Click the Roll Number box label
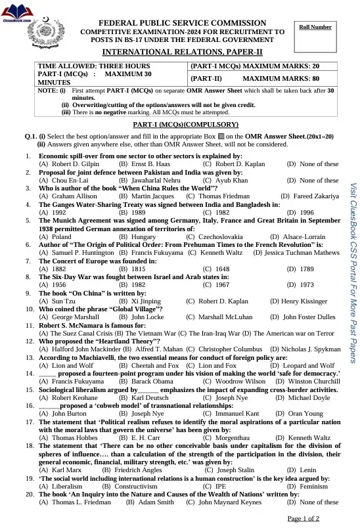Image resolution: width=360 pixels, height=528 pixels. tap(315, 27)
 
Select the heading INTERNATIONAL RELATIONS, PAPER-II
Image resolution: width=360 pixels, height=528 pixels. tap(183, 51)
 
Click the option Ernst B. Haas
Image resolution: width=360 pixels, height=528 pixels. tap(144, 164)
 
